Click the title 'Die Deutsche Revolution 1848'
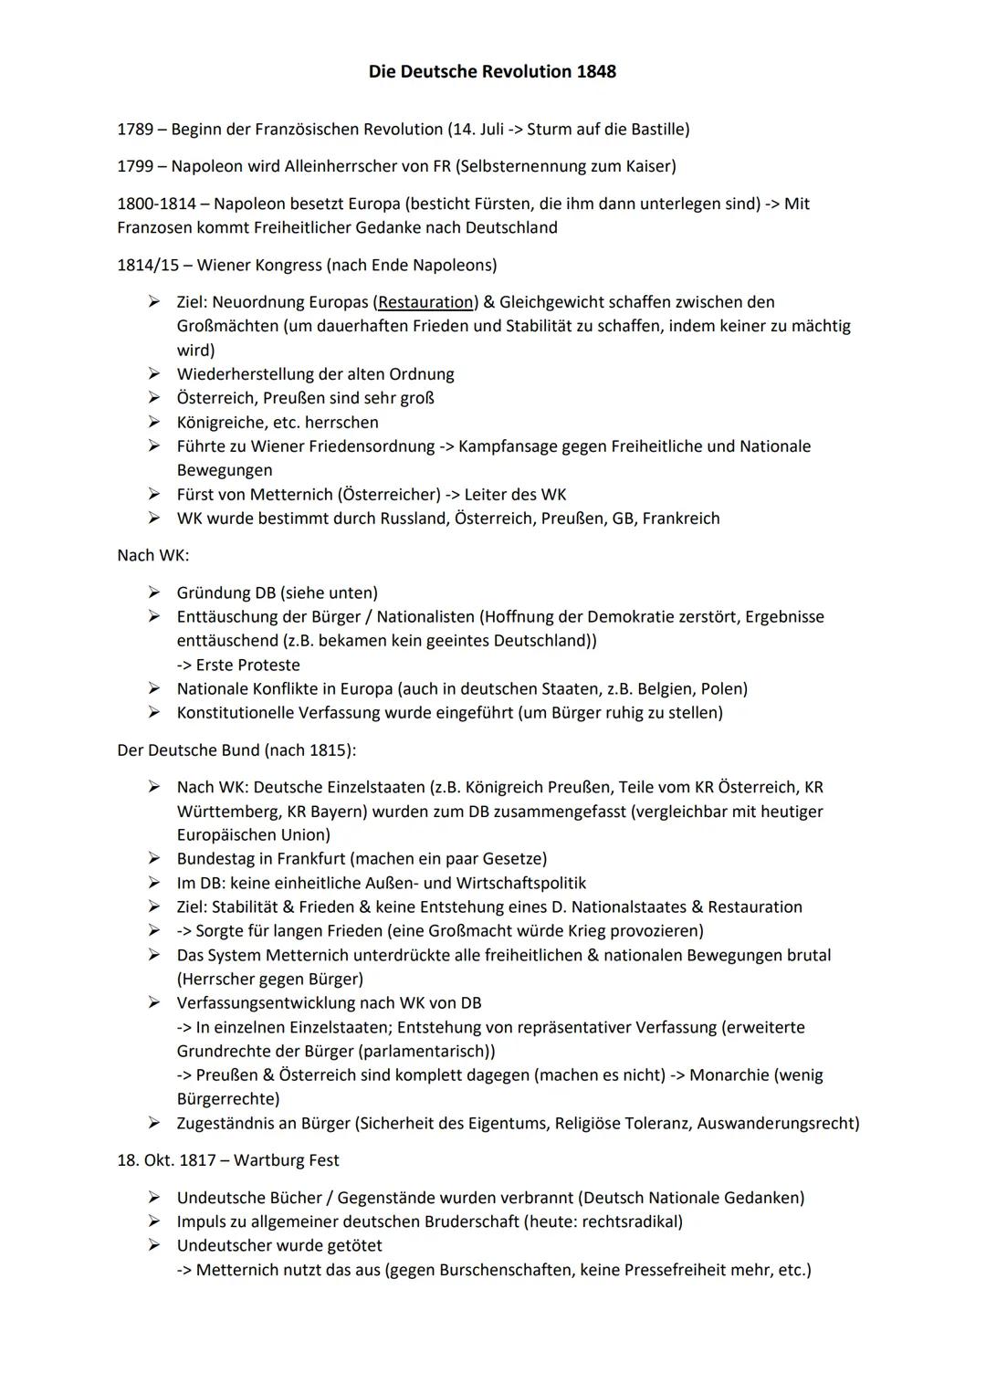pyautogui.click(x=492, y=71)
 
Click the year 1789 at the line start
pyautogui.click(x=135, y=129)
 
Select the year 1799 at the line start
pyautogui.click(x=135, y=166)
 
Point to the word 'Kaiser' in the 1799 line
pyautogui.click(x=649, y=166)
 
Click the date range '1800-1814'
pyautogui.click(x=156, y=204)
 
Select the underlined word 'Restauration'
pyautogui.click(x=425, y=302)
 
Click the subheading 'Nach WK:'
pyautogui.click(x=153, y=555)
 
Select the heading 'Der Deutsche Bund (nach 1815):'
pyautogui.click(x=236, y=749)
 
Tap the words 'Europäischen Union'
pyautogui.click(x=253, y=834)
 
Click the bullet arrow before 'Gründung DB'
pyautogui.click(x=154, y=592)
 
